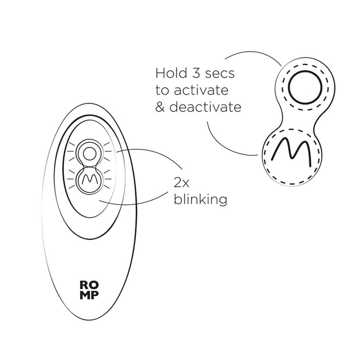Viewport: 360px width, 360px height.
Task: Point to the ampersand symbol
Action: pos(160,108)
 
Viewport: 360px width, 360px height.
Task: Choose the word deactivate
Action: pos(204,108)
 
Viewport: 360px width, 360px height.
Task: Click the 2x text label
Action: pos(181,182)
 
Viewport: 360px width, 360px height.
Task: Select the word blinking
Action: pos(200,200)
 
